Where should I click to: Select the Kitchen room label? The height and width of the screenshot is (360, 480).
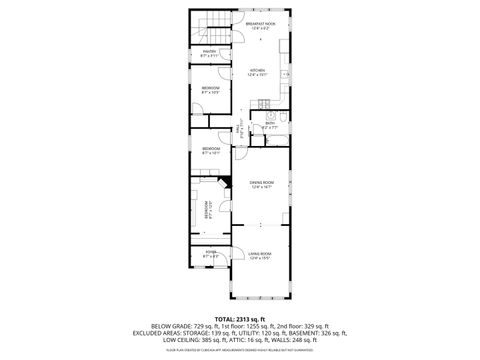click(257, 70)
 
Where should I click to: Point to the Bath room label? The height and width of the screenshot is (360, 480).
click(269, 123)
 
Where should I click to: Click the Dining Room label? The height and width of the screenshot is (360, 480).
click(261, 183)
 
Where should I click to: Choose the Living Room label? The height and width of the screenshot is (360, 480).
click(260, 257)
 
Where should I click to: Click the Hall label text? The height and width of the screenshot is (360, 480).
click(239, 129)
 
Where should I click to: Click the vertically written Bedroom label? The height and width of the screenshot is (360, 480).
click(208, 213)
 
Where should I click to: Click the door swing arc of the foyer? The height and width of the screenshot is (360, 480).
click(227, 262)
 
